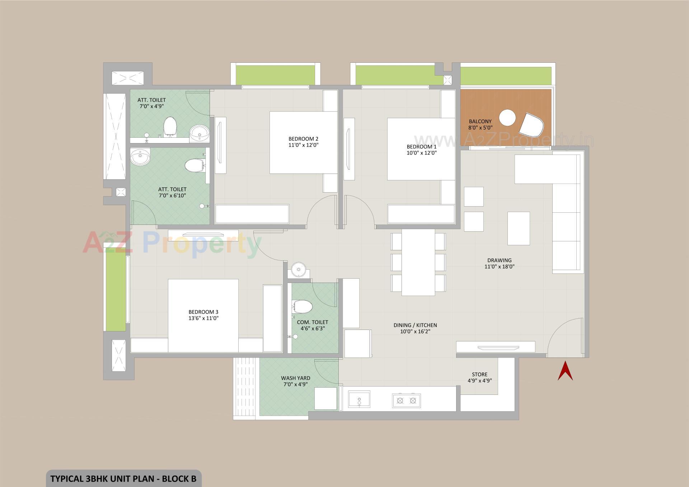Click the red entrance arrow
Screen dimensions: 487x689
[565, 372]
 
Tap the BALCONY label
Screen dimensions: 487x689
[480, 122]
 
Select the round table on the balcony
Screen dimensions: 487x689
[507, 118]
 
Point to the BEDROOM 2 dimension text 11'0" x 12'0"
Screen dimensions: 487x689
[303, 145]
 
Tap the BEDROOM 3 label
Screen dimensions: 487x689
[203, 312]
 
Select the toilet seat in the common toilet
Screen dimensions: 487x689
[303, 307]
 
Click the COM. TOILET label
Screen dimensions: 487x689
[312, 322]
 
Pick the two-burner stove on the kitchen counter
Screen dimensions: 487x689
[406, 400]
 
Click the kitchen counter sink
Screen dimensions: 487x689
[359, 399]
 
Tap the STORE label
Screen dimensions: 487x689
[479, 374]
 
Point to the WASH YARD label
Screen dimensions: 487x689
[295, 378]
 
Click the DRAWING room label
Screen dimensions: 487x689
[499, 260]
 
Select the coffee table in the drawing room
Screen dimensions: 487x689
[519, 228]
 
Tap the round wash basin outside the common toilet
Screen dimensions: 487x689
[298, 269]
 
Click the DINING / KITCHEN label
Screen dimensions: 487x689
[415, 325]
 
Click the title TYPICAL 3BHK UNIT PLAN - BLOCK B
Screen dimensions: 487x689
[123, 479]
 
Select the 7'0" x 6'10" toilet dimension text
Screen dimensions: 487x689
[172, 195]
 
